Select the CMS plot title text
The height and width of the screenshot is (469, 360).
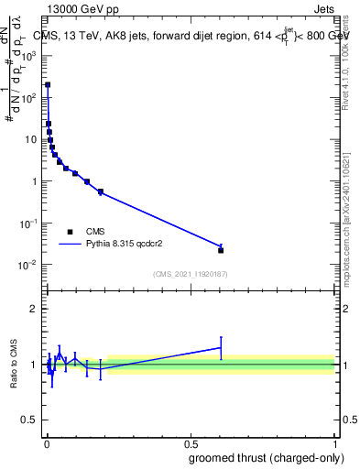[x=193, y=35]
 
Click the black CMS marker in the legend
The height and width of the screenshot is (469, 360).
[x=70, y=232]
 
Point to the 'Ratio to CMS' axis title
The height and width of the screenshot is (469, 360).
[x=14, y=364]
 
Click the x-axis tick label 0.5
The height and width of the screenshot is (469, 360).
[x=190, y=442]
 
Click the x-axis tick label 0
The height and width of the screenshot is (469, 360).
[x=46, y=442]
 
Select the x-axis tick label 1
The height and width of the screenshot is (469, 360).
[x=334, y=442]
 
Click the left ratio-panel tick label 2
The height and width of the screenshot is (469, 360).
[x=34, y=309]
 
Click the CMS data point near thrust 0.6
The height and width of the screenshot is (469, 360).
[x=221, y=250]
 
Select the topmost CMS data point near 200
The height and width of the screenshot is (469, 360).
[x=48, y=84]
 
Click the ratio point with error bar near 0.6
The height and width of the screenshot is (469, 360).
[x=221, y=348]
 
